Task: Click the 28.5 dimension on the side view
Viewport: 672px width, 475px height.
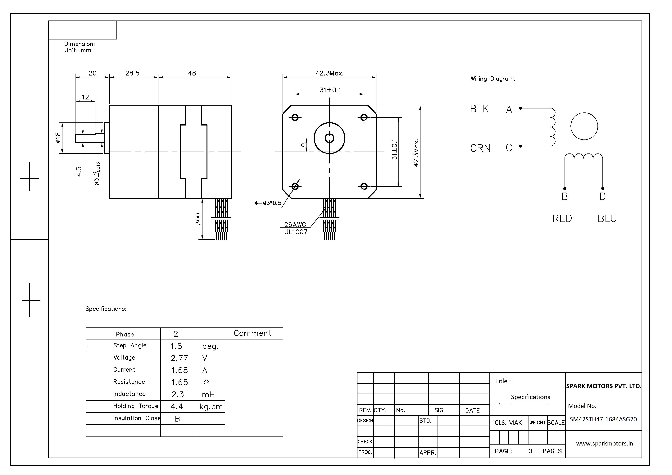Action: pos(132,73)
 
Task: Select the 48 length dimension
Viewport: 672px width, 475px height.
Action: pos(192,73)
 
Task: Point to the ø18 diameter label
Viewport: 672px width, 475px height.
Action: pos(58,138)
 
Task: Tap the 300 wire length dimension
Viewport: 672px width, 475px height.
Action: pos(198,219)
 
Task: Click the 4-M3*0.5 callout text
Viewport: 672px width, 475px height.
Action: pos(268,203)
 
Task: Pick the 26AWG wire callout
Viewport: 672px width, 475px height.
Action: pos(295,225)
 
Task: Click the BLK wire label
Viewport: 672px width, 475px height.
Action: pos(479,109)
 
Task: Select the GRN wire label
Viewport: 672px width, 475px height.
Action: pos(480,148)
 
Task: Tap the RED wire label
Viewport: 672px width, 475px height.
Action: pos(562,218)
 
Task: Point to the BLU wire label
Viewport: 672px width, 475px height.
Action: pos(607,218)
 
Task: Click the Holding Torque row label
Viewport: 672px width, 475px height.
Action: pos(135,406)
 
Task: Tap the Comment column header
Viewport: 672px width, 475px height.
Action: pos(253,333)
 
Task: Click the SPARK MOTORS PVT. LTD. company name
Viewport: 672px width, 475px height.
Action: pos(603,386)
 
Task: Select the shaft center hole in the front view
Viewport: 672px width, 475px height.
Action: pos(329,138)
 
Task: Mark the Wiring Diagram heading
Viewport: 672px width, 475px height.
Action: pos(493,79)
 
